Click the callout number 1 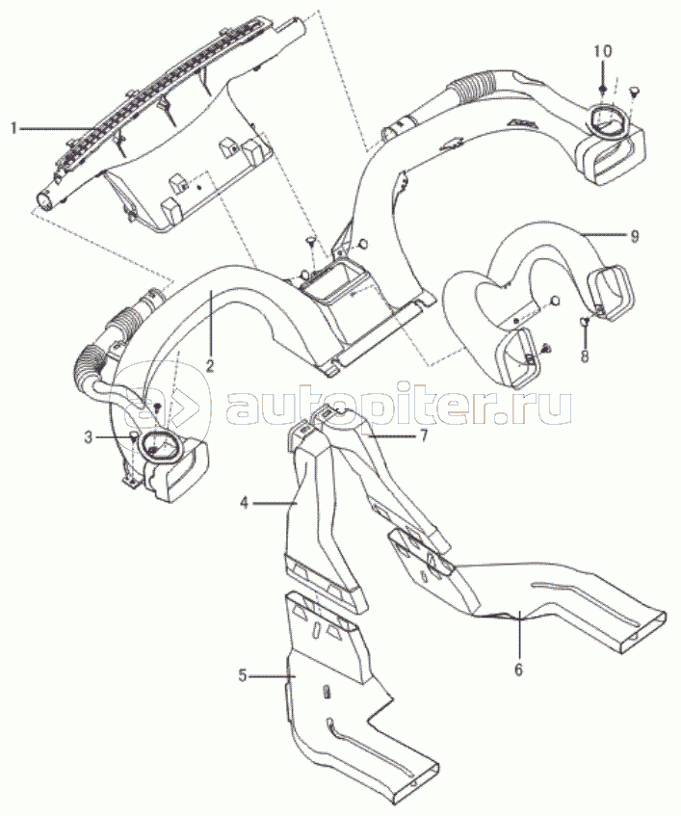[14, 126]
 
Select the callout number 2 [209, 366]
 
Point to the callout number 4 [246, 502]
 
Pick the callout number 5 [244, 676]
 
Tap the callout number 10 [602, 49]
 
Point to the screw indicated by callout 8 [584, 321]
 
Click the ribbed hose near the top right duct [478, 90]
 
